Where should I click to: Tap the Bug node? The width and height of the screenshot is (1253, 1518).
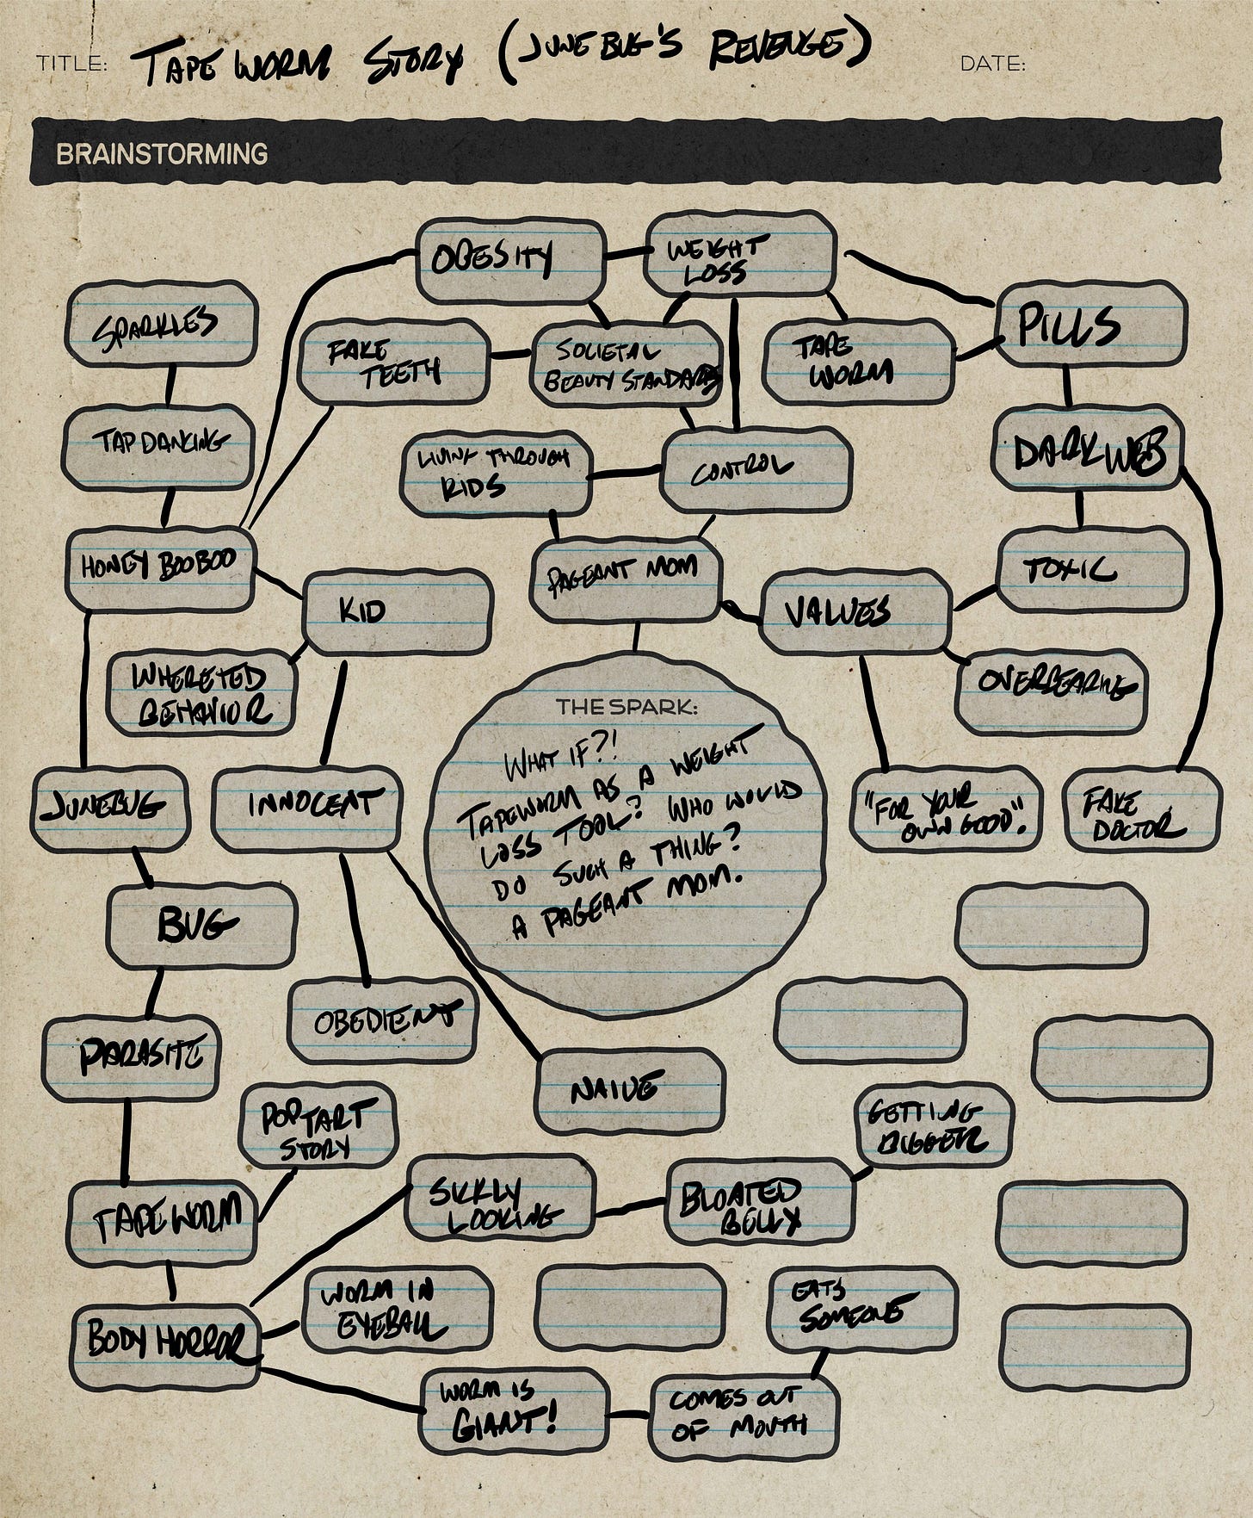click(201, 926)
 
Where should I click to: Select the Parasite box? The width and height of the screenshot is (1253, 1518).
click(132, 1057)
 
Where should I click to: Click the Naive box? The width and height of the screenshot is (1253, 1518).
click(628, 1090)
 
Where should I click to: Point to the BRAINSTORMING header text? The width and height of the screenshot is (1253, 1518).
click(162, 154)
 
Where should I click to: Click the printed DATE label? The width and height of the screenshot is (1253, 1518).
click(991, 64)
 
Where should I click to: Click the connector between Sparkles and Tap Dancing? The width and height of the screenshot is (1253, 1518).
click(169, 386)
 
